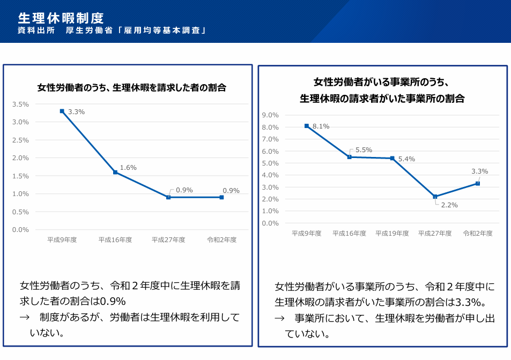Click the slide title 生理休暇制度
click(61, 18)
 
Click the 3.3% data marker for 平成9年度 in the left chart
click(62, 111)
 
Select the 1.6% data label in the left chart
click(128, 168)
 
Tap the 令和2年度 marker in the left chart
click(221, 197)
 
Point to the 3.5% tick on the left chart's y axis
click(20, 104)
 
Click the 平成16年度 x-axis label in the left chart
click(115, 239)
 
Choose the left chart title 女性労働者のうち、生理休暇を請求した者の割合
click(131, 87)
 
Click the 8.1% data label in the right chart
click(321, 126)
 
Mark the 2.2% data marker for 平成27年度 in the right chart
click(435, 197)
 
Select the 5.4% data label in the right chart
click(406, 159)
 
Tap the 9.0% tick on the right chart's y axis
click(270, 115)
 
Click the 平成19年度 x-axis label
click(392, 234)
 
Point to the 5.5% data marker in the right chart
click(349, 157)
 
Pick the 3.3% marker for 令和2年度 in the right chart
click(478, 183)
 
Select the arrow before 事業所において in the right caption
click(279, 318)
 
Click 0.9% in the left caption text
click(112, 301)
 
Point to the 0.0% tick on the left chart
click(20, 230)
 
